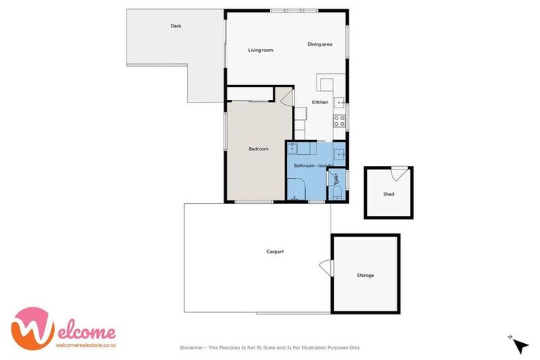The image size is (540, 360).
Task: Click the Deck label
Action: (x=176, y=26)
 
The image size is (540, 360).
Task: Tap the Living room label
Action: (x=260, y=50)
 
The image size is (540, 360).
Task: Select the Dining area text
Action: (x=319, y=44)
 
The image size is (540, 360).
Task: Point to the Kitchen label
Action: (x=320, y=103)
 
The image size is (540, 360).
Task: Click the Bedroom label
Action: (x=258, y=148)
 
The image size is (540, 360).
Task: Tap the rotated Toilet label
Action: (x=336, y=179)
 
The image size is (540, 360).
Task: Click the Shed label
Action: (x=388, y=194)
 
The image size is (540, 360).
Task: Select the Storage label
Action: (x=365, y=275)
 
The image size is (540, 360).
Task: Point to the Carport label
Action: (x=275, y=251)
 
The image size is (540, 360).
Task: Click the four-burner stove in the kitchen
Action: (x=339, y=120)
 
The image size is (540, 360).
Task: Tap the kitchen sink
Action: (x=338, y=101)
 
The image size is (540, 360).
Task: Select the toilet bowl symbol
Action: (x=336, y=193)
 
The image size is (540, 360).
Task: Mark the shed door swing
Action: (x=398, y=172)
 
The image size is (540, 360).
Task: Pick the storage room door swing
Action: (x=326, y=267)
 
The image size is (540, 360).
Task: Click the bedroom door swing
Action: (x=288, y=97)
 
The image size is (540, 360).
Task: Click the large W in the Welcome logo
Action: (x=32, y=328)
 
